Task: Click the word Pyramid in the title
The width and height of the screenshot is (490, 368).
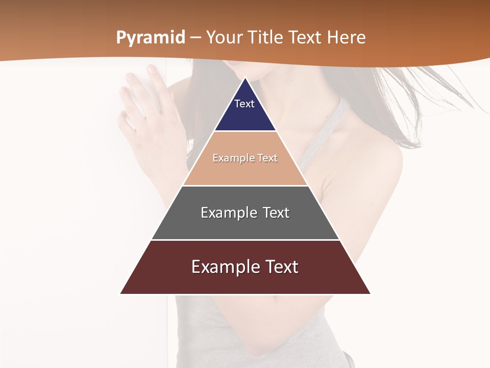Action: tap(151, 38)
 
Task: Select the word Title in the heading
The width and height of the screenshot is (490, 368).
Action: tap(267, 38)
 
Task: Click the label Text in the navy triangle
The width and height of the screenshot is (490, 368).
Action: tap(244, 104)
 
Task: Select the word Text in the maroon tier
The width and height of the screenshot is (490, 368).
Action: tap(281, 267)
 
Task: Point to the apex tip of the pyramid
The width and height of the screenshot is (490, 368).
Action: tap(246, 78)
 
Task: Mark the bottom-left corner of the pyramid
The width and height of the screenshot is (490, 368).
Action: tap(121, 293)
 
